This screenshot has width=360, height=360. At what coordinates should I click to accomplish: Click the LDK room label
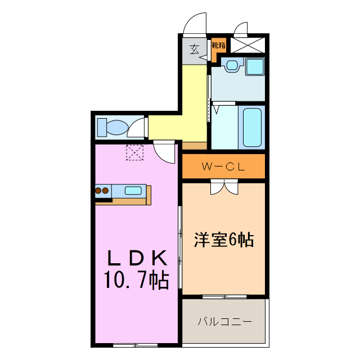[x=137, y=258]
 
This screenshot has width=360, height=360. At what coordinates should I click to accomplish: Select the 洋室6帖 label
[x=224, y=240]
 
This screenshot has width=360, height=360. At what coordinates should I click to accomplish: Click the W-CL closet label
[x=223, y=166]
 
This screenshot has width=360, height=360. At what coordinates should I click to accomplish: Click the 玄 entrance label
[x=194, y=49]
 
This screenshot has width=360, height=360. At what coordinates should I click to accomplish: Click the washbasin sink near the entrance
[x=231, y=65]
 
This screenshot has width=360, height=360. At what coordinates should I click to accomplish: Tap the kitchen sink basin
[x=133, y=191]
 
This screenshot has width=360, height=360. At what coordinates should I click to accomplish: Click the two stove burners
[x=102, y=191]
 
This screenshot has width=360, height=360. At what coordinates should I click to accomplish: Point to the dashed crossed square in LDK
[x=135, y=152]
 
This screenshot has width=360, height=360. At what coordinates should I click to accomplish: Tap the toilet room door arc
[x=137, y=129]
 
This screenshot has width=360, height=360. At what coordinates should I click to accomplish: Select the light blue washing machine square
[x=255, y=66]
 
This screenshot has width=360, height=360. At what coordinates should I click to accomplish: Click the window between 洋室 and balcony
[x=223, y=296]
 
